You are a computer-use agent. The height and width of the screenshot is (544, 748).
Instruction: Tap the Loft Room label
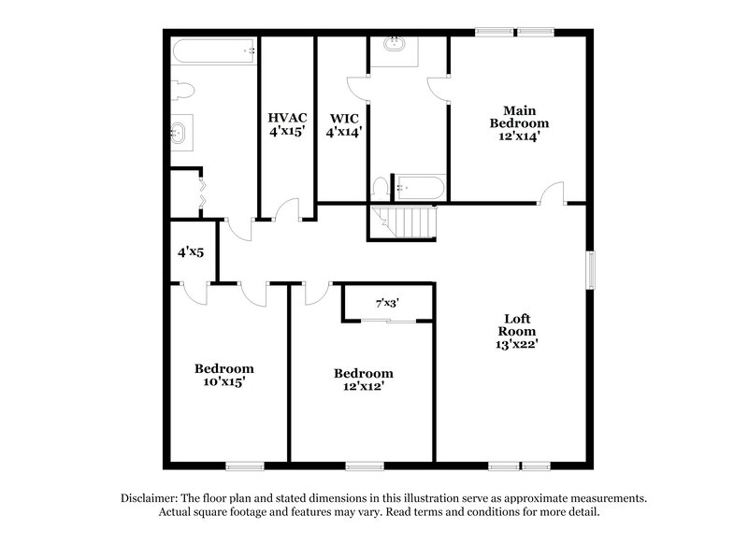[517, 330]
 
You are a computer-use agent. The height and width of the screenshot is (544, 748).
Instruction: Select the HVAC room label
[287, 125]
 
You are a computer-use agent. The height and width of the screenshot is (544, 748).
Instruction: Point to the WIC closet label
[343, 125]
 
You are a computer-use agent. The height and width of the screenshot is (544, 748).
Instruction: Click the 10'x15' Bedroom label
[223, 374]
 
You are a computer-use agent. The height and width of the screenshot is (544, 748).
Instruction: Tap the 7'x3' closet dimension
[387, 303]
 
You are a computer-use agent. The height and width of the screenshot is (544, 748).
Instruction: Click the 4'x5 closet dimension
[191, 251]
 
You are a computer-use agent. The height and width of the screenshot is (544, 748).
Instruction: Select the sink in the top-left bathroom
[180, 134]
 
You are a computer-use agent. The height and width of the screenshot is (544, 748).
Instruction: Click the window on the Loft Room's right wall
[590, 269]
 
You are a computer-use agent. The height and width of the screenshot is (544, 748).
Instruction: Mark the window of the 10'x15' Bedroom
[244, 465]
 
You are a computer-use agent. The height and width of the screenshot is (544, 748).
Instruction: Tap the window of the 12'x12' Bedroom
[365, 465]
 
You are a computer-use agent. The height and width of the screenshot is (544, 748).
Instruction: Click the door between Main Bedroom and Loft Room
[554, 193]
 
